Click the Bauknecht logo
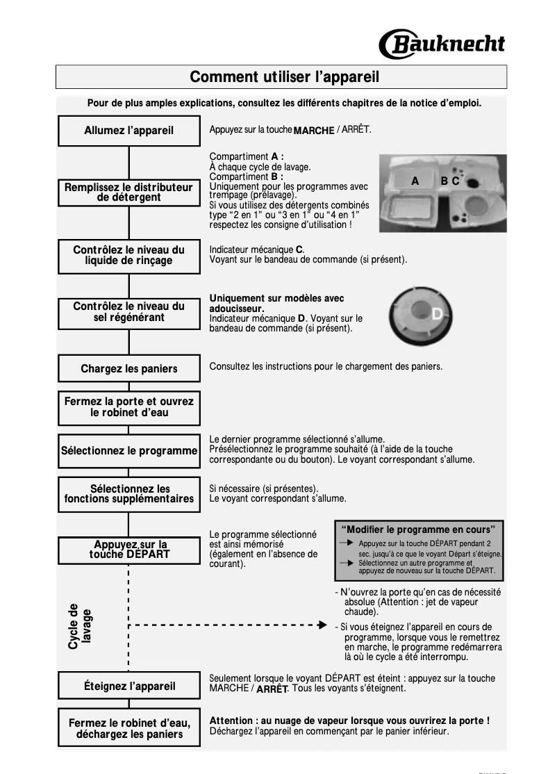point(442,43)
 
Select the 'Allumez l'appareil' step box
point(129,131)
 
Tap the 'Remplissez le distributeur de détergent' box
point(129,192)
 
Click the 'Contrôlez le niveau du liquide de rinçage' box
point(129,255)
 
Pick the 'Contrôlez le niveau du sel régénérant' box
point(129,312)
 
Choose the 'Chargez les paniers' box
point(129,369)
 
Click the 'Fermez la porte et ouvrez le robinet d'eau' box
point(129,407)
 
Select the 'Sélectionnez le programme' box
point(129,451)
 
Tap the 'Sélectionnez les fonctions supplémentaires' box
point(129,494)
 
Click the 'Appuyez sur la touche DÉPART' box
point(129,550)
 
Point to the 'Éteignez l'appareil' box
point(129,686)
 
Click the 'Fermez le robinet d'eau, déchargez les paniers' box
point(129,728)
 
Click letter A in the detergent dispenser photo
point(415,181)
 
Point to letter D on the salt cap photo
point(437,315)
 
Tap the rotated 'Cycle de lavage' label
point(79,626)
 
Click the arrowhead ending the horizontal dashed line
point(322,625)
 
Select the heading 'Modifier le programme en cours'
point(419,530)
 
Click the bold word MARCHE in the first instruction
point(314,131)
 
